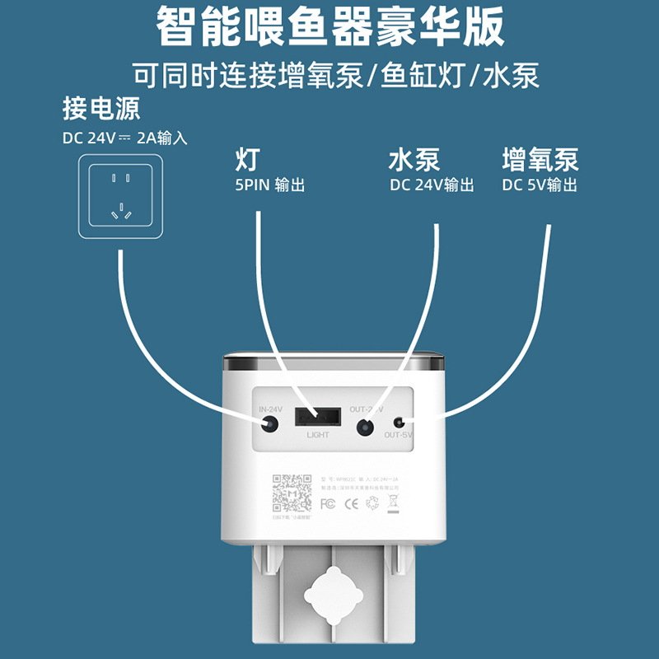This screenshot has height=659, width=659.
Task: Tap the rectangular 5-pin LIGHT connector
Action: (317, 417)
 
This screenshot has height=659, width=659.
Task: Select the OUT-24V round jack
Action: (365, 427)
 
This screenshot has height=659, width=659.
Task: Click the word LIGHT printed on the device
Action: (317, 435)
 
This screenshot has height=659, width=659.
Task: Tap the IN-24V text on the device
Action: (270, 409)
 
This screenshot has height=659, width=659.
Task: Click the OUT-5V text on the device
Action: (398, 436)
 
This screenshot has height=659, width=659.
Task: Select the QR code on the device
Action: (292, 493)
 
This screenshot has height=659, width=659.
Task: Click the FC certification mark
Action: (327, 502)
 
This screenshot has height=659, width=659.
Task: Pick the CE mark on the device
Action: (350, 502)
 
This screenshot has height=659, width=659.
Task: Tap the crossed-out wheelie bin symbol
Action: (394, 502)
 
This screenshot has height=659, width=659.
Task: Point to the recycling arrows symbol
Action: (372, 502)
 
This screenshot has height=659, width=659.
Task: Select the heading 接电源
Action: (100, 108)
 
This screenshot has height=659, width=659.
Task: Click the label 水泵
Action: (414, 159)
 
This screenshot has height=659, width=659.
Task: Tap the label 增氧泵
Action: (540, 159)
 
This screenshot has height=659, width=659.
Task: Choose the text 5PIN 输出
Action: (270, 185)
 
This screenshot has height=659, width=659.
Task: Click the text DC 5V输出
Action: (540, 185)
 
